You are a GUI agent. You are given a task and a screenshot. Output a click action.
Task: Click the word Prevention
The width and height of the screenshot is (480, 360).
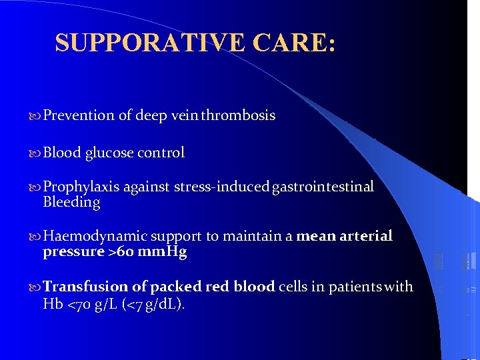tap(79, 115)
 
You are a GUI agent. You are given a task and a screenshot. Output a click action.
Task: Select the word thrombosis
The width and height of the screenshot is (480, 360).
tap(238, 115)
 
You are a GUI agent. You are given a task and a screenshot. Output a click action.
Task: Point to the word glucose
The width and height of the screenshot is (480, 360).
tap(109, 153)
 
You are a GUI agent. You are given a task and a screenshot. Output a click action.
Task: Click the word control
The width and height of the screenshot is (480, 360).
tap(161, 153)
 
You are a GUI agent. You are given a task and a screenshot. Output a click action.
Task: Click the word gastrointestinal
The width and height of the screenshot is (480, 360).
tap(323, 187)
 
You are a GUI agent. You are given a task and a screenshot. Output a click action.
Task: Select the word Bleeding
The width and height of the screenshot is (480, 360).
tap(71, 202)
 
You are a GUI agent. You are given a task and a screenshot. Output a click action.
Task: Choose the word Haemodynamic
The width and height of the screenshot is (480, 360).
tap(95, 236)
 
